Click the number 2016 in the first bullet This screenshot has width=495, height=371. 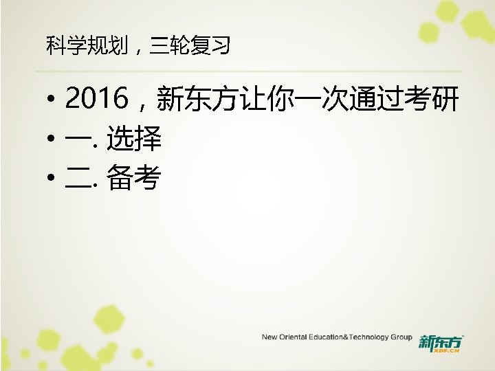(x=97, y=102)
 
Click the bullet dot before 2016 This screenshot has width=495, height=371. (x=52, y=103)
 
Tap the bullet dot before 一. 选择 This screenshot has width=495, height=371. (x=52, y=142)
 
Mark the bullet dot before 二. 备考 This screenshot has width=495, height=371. (x=52, y=181)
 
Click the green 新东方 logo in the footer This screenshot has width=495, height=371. (x=441, y=341)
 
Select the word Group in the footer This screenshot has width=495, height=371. (x=401, y=338)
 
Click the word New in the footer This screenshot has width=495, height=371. (x=269, y=338)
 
